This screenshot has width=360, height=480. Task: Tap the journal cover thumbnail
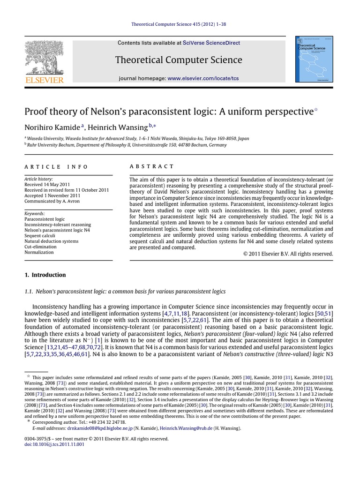pyautogui.click(x=317, y=60)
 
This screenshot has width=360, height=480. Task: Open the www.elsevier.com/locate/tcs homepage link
pyautogui.click(x=203, y=78)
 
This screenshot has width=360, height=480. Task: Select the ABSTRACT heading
pyautogui.click(x=151, y=166)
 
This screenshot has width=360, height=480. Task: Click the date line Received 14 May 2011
pyautogui.click(x=48, y=185)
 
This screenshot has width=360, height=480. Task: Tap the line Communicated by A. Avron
pyautogui.click(x=52, y=202)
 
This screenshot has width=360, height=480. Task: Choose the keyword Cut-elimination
pyautogui.click(x=40, y=247)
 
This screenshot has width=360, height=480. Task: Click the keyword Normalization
pyautogui.click(x=39, y=252)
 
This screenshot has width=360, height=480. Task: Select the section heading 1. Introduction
pyautogui.click(x=45, y=275)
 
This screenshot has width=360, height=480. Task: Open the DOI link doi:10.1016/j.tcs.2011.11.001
pyautogui.click(x=54, y=444)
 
